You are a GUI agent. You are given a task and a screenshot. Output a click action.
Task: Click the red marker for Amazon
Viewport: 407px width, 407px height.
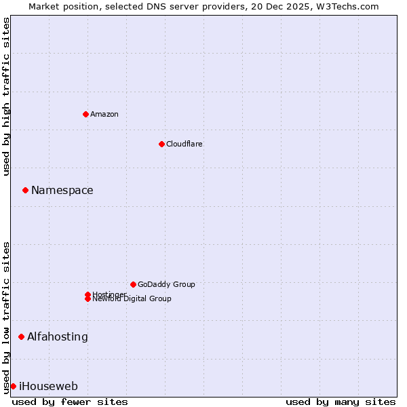pos(85,114)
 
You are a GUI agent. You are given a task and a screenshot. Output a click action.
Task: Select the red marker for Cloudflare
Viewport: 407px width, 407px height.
pos(161,144)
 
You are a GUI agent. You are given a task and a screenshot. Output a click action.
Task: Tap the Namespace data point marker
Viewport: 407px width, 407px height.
pos(25,191)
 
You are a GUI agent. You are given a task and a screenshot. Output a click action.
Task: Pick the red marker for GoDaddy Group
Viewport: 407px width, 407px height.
pos(133,284)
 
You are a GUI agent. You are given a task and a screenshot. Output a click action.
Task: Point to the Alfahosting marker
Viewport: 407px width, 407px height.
pos(21,336)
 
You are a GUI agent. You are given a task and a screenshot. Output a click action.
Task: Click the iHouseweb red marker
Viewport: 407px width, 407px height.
pos(13,386)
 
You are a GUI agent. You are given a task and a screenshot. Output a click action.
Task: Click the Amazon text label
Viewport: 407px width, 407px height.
pos(104,114)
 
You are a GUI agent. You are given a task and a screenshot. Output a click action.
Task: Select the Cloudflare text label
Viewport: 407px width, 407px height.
pos(184,144)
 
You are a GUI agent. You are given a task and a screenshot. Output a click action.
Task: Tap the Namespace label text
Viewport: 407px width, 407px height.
pos(62,191)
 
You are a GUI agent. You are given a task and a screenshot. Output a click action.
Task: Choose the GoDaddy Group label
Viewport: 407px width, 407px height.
pos(166,284)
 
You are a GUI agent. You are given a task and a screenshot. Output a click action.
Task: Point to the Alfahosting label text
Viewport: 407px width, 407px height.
pos(58,336)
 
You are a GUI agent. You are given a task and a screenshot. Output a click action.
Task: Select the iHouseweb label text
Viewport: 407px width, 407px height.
pos(48,387)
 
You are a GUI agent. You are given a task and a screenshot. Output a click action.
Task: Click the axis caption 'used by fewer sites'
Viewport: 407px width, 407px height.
pos(70,402)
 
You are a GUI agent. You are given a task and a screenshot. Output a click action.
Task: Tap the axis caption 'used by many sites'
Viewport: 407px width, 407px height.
pos(341,402)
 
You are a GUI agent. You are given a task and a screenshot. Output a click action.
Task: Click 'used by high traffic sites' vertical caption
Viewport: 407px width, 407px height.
pos(7,96)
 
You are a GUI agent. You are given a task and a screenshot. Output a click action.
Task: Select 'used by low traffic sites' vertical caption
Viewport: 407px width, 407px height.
pos(7,317)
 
